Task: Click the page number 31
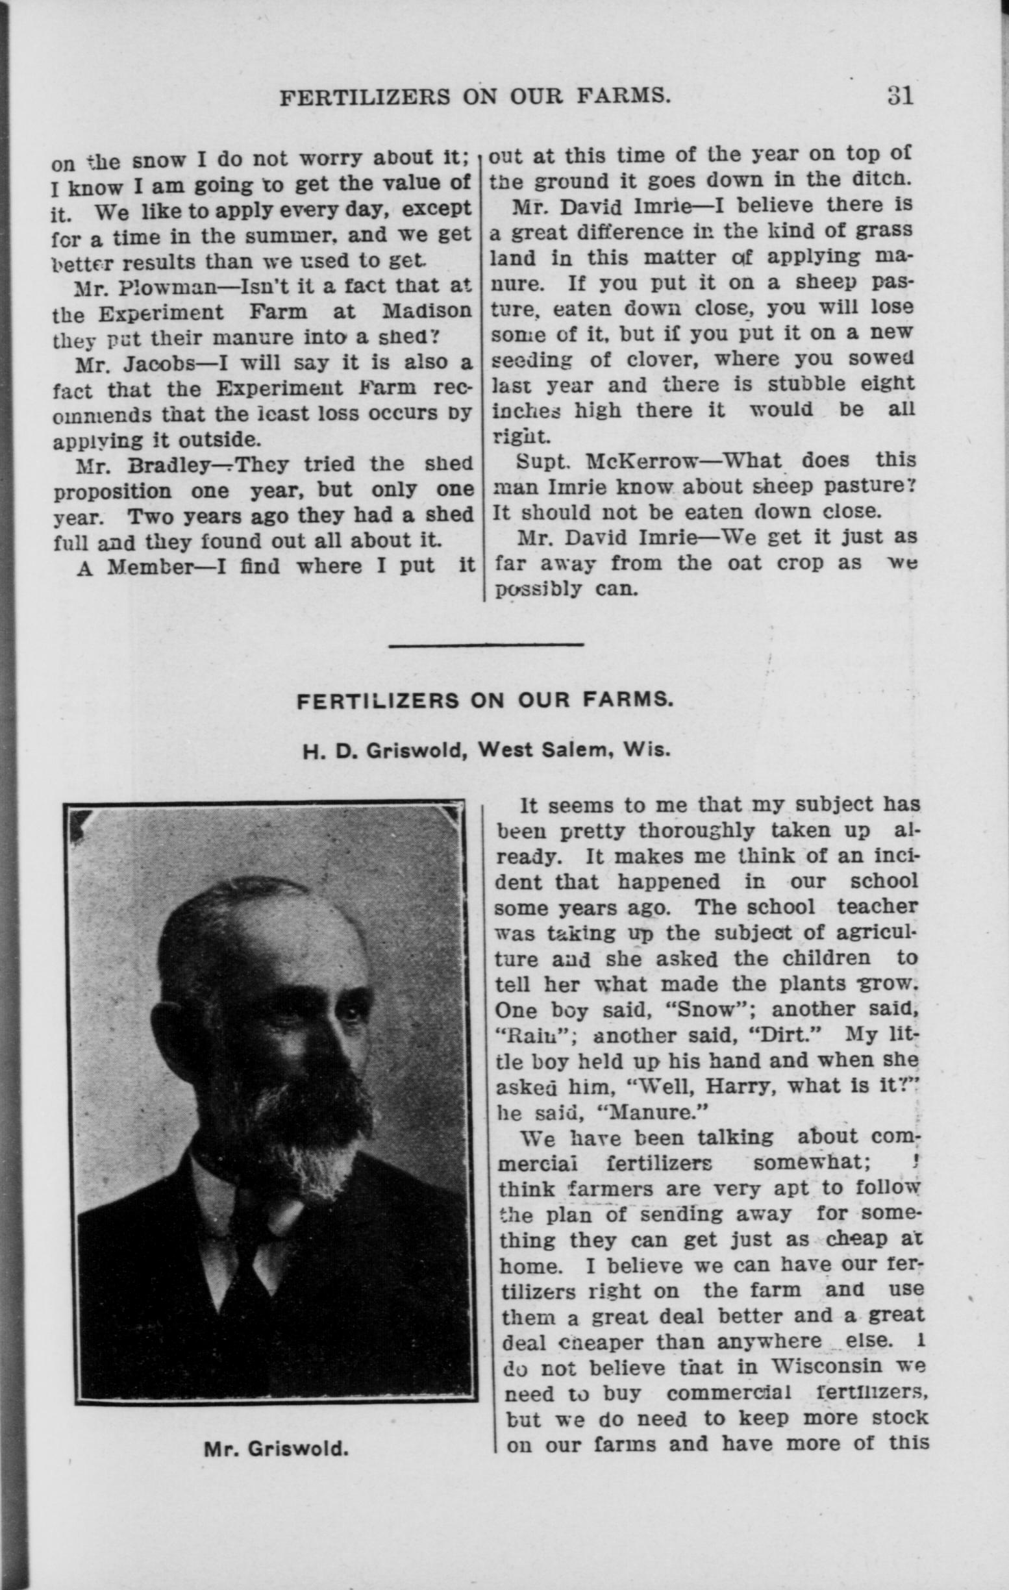(899, 96)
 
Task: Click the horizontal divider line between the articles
(487, 645)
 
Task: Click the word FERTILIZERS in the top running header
(365, 98)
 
